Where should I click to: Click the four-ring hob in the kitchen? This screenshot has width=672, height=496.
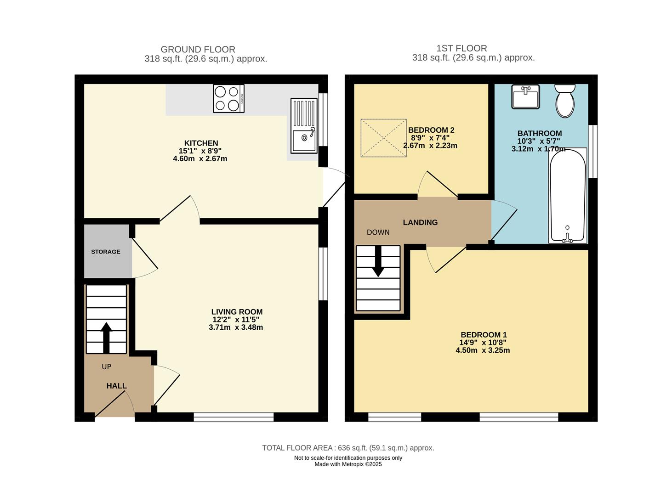point(228,98)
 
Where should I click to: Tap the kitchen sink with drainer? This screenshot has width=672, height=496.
point(303,125)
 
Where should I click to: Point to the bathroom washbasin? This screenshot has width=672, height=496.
point(525,96)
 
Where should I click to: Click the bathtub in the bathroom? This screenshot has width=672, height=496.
point(567,196)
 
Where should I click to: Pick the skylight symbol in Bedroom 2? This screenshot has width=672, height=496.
point(384,138)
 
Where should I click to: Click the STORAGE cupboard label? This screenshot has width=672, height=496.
point(106,252)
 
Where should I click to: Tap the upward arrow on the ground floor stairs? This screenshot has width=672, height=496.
point(106,337)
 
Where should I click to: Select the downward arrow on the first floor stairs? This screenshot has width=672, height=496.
point(378,261)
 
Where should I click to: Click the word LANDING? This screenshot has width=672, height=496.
point(420,222)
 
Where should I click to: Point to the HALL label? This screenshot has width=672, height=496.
point(116,386)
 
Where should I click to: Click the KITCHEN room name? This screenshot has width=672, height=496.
point(201,143)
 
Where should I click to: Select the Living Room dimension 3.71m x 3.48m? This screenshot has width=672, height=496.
point(235,327)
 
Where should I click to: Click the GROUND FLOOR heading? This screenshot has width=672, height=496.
point(198,49)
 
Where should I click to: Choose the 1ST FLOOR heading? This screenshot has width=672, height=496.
point(461,48)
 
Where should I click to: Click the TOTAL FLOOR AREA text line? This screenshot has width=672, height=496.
point(348,448)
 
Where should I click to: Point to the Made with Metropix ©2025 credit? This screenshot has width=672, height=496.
point(348,464)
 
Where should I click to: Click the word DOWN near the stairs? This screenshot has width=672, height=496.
point(378,232)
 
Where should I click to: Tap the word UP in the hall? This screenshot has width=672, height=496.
point(106,366)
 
